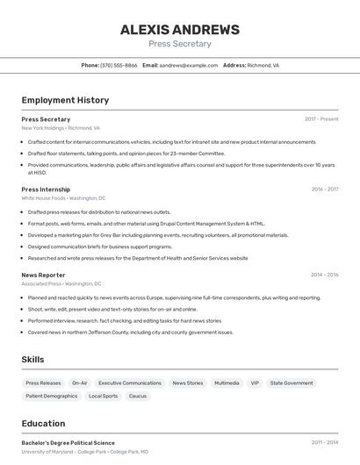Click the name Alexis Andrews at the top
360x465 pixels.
179,30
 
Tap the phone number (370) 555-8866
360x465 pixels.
119,65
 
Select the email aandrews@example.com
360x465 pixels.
189,65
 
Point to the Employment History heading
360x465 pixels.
65,100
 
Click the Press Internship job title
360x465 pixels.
46,190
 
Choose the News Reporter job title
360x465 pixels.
43,275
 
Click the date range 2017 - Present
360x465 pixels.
321,119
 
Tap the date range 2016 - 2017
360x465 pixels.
324,190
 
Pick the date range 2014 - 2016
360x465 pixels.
324,275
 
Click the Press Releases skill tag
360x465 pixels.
43,383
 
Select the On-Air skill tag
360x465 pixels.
80,383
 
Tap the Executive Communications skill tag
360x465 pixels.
130,383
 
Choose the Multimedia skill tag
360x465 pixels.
227,383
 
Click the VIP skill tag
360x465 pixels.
255,383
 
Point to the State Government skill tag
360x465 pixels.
292,383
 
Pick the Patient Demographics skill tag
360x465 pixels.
52,397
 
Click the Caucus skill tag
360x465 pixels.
138,397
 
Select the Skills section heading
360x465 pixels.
32,360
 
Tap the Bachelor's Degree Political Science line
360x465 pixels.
68,443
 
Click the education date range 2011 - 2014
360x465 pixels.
324,443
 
